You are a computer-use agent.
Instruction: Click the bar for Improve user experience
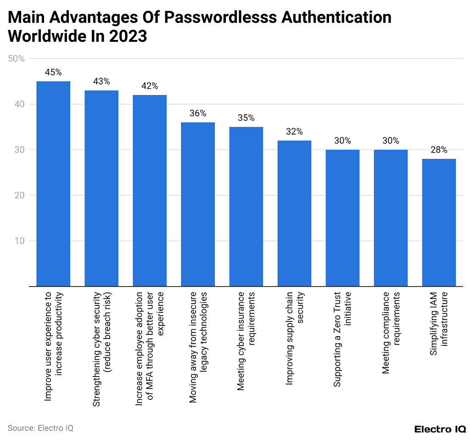pos(53,184)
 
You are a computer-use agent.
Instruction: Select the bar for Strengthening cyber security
pos(101,188)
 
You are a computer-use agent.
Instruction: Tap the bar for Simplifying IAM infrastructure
pos(439,223)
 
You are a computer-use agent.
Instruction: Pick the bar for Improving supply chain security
pos(294,214)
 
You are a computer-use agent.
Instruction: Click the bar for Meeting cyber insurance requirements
pos(246,207)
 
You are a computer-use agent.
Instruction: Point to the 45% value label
pos(53,73)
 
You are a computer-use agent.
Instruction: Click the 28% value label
pos(439,150)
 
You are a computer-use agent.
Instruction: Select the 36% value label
pos(198,113)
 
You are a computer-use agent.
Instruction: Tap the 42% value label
pos(150,86)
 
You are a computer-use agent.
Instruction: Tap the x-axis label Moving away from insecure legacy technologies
pos(198,347)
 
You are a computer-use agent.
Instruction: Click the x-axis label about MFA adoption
pos(150,348)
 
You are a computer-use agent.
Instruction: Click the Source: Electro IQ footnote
pos(40,428)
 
